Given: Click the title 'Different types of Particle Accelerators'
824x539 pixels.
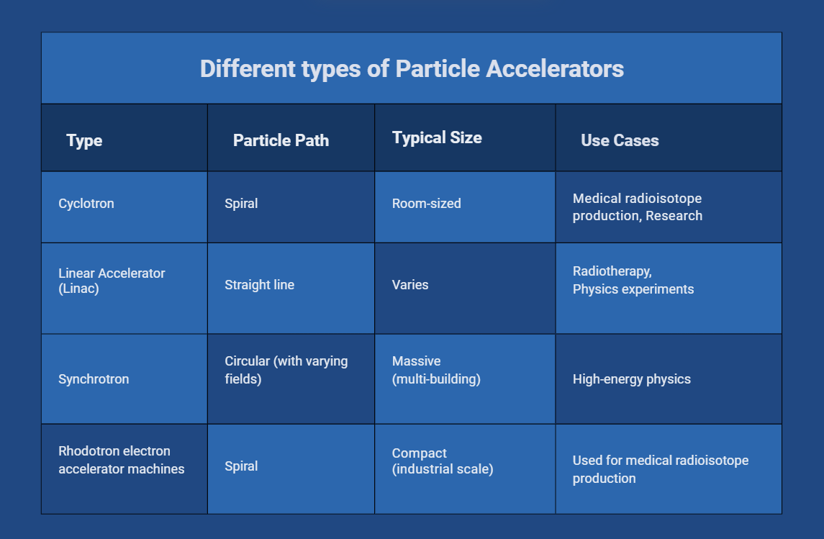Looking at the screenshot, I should tap(412, 69).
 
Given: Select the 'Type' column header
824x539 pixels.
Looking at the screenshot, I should tap(84, 140).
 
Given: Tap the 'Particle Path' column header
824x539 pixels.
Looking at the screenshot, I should tap(281, 140).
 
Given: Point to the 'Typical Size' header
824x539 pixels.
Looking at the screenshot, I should tap(437, 137).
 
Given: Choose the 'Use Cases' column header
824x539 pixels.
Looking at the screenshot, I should tap(620, 140).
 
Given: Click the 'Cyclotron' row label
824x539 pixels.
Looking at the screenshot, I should tap(86, 204).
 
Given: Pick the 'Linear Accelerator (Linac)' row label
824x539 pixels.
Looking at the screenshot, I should tap(112, 281).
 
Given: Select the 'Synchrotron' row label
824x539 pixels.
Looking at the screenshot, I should tap(94, 379).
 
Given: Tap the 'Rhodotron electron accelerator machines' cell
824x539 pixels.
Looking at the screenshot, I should tap(121, 460).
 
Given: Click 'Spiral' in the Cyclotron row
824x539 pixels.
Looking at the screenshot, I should tap(241, 204).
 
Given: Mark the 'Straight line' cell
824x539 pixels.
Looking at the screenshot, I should tap(259, 285).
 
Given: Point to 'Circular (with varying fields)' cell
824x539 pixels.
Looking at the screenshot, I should tap(286, 369).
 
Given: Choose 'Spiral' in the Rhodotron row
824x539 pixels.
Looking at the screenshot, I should tap(241, 466).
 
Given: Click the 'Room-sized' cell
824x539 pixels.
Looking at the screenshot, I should tap(426, 204).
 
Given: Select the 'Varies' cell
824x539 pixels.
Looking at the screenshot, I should tap(410, 285).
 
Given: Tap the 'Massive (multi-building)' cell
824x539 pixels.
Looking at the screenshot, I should tap(436, 369).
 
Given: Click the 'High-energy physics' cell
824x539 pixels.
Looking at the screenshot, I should tap(631, 379).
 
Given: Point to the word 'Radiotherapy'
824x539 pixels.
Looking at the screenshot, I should tap(610, 271).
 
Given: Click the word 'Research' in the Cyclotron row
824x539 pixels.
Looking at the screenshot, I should tap(674, 216).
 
